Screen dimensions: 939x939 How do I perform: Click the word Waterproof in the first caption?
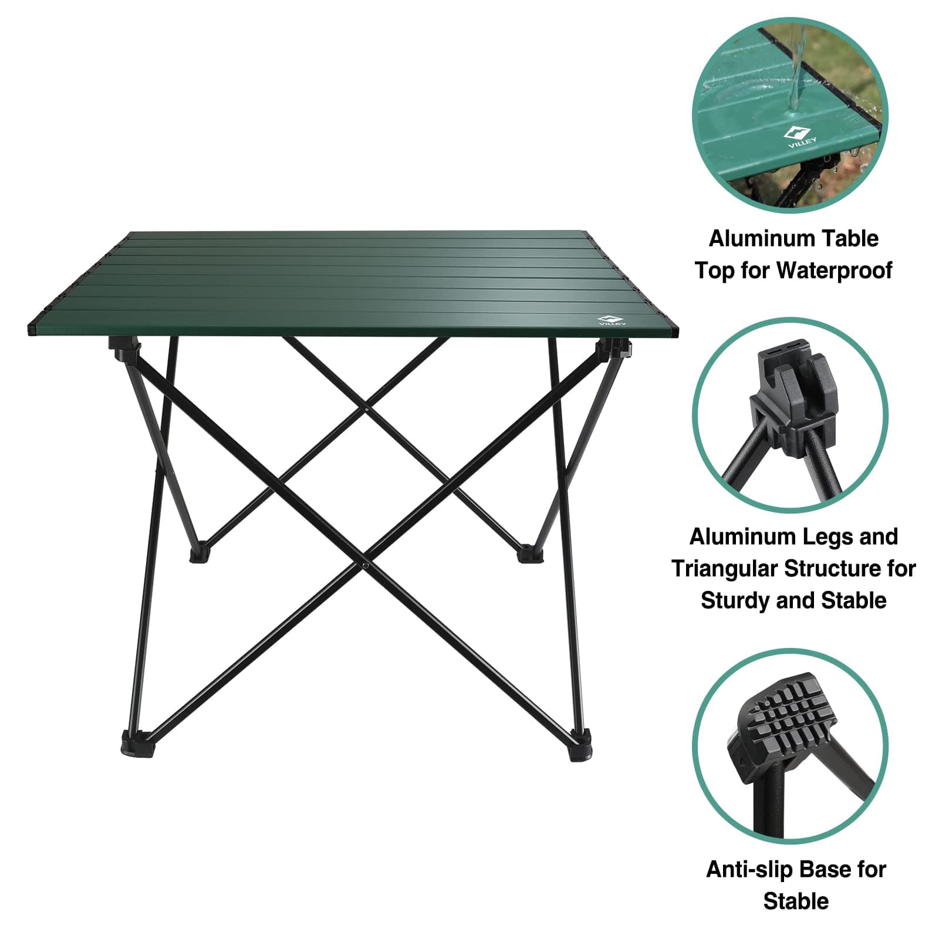click(x=833, y=271)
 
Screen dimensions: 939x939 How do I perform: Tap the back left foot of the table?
click(x=199, y=554)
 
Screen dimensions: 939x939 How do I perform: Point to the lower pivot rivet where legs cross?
click(x=365, y=565)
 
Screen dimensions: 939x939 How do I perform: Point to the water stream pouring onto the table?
click(x=795, y=76)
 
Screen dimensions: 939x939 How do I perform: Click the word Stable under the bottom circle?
click(x=796, y=901)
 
